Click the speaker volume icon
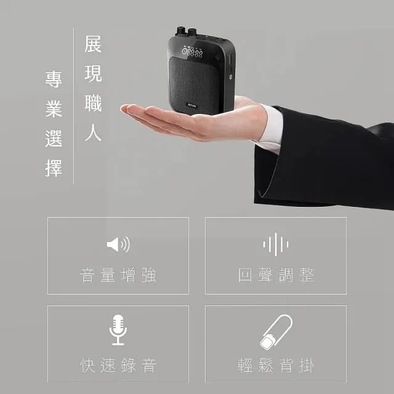[118, 244]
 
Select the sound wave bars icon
[275, 244]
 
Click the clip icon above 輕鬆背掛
[275, 332]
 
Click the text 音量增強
[118, 275]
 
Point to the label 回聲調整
[276, 275]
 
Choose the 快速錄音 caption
[118, 365]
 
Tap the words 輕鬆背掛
[276, 365]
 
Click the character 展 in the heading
[93, 45]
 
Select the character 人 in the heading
[93, 134]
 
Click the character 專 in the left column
[54, 79]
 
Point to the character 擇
[54, 167]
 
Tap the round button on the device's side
[230, 78]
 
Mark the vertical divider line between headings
[73, 105]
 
